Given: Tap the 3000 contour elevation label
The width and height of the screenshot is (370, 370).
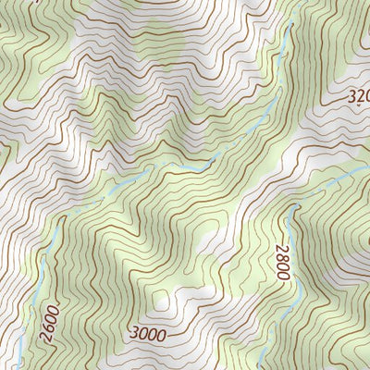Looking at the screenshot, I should pos(149,332).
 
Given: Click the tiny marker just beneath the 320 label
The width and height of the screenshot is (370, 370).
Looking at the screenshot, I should pos(358,107).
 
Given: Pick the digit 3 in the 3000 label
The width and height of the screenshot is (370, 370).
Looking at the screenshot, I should pos(135,331).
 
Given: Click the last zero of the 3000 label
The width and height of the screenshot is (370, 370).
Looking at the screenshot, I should pos(164,333).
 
